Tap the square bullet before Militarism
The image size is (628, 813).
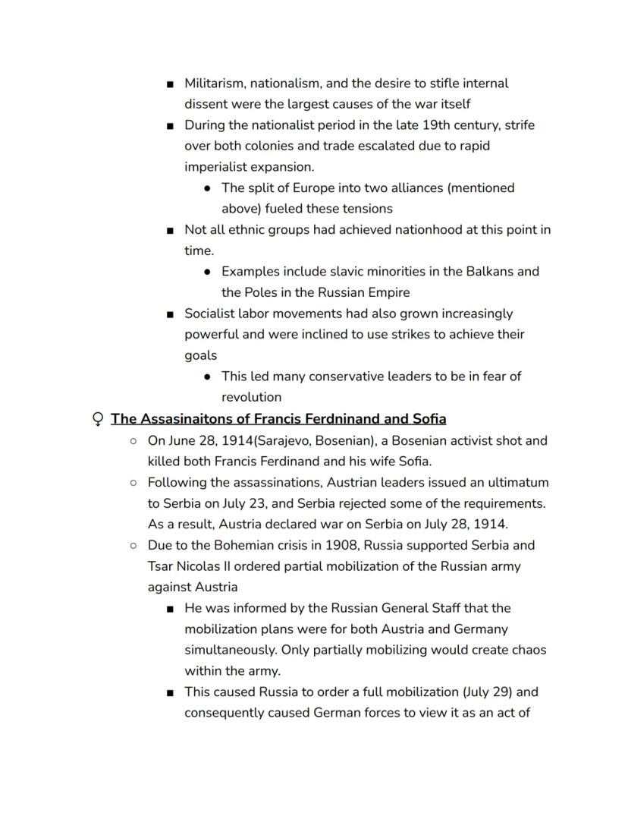click(x=170, y=84)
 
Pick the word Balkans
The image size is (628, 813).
click(x=491, y=272)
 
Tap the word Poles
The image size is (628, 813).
click(x=262, y=293)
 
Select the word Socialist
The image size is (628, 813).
click(x=213, y=314)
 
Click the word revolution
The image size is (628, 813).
click(x=251, y=397)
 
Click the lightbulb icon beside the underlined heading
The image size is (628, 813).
click(x=97, y=419)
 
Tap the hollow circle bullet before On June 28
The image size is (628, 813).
click(x=133, y=441)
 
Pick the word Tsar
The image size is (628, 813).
click(x=161, y=566)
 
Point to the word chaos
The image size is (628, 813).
click(x=528, y=651)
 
